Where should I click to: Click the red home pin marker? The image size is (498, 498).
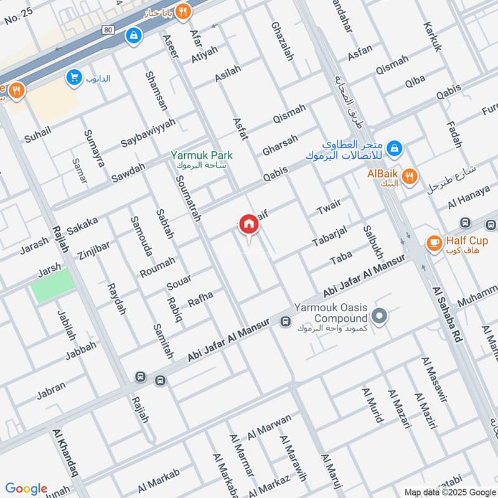pos(248,224)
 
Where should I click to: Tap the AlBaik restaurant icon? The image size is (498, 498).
pos(409,176)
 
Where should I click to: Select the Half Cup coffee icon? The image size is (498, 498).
pos(434,242)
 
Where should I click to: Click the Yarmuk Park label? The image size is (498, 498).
pos(202,155)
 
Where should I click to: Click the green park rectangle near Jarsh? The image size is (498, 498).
pos(54,286)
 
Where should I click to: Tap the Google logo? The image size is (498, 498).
pos(26,489)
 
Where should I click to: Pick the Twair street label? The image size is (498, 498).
pos(330,209)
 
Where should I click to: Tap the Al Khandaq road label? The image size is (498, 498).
pos(68,452)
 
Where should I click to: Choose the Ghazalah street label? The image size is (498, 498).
pos(281,41)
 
